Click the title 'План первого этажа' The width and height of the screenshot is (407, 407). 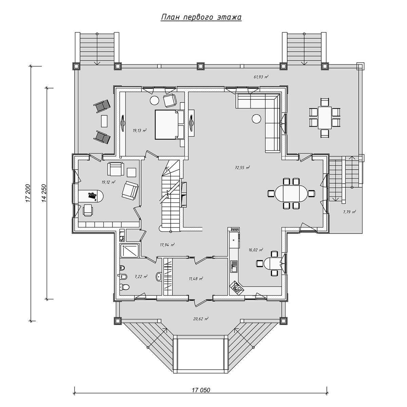click(201, 18)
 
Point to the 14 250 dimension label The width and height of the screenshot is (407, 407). click(44, 193)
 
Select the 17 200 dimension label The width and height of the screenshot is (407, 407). click(28, 193)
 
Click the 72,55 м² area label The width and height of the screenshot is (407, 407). click(243, 168)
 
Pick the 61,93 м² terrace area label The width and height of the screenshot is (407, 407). click(261, 77)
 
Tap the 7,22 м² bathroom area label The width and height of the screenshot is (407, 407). click(141, 276)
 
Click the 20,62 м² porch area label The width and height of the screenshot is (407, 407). click(201, 319)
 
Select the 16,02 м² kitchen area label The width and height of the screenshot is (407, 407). click(256, 250)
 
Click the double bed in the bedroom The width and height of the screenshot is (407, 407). click(169, 124)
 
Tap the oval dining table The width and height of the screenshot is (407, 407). click(291, 193)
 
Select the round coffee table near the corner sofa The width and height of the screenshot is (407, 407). click(257, 119)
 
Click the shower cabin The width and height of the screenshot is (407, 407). click(129, 251)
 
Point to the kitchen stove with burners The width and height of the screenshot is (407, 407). click(236, 288)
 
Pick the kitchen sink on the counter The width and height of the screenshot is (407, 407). click(234, 267)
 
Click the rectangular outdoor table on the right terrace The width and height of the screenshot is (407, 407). click(325, 118)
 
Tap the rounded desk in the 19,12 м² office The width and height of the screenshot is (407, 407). click(91, 195)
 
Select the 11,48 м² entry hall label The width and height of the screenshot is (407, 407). click(196, 278)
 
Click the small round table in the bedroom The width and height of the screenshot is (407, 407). click(154, 100)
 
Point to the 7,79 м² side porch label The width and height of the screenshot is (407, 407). click(349, 212)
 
